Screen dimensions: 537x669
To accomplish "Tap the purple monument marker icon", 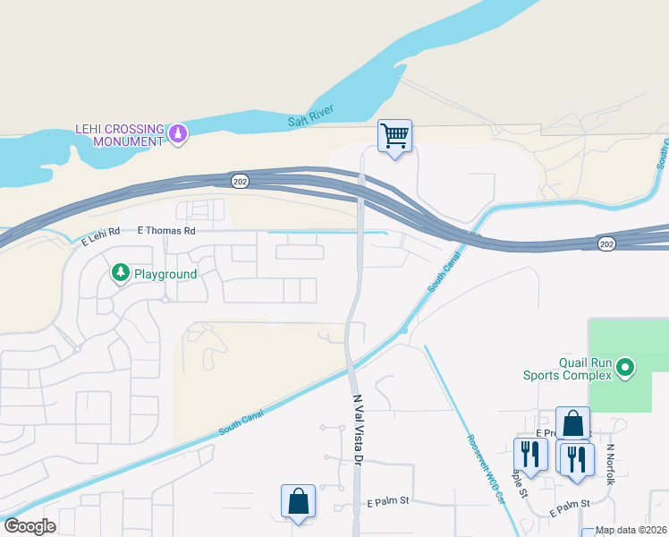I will (179, 134).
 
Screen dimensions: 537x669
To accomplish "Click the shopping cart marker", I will (394, 137).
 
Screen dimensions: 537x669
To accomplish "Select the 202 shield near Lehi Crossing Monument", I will (239, 181).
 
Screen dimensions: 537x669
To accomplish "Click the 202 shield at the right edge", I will (605, 243).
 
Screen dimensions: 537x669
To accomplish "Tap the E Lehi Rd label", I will (100, 239).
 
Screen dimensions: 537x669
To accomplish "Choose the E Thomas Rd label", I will (166, 231).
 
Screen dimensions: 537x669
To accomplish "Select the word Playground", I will (165, 273).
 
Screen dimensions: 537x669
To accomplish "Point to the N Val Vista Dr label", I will (359, 430).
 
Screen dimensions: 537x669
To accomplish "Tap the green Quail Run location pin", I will (626, 367).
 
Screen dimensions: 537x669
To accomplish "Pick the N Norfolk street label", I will (612, 465).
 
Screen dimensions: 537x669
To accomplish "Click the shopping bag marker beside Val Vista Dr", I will (298, 502).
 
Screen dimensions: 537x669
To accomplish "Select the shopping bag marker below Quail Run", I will (572, 426).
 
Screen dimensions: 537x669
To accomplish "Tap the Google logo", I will (30, 526).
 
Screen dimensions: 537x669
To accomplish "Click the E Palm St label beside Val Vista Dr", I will (387, 502).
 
